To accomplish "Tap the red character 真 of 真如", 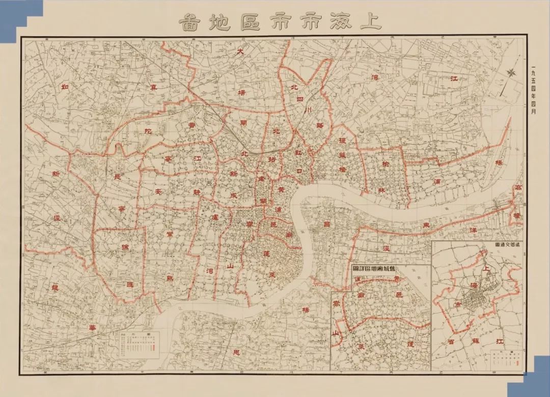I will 153,88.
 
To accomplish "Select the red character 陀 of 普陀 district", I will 148,131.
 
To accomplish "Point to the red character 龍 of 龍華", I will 56,287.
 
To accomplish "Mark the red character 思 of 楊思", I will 235,353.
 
